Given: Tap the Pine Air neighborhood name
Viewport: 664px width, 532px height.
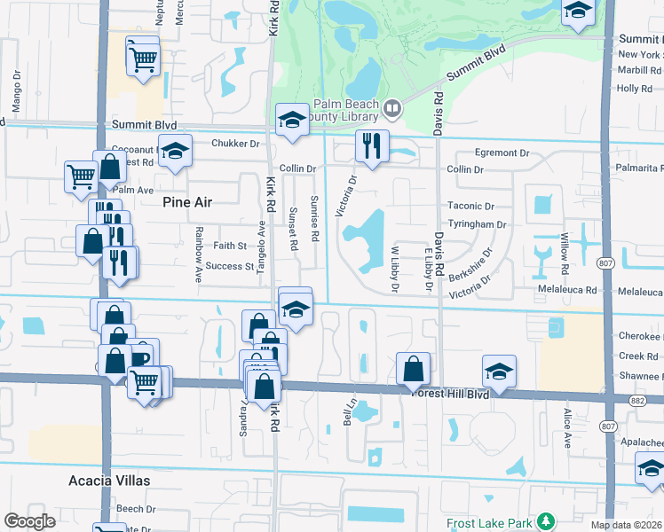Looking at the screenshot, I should pyautogui.click(x=188, y=202).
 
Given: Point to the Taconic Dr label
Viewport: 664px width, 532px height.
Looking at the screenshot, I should pyautogui.click(x=470, y=206).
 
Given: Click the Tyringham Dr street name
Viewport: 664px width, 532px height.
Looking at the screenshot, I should pyautogui.click(x=477, y=224).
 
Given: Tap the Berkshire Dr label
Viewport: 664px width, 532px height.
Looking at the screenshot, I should pyautogui.click(x=470, y=263).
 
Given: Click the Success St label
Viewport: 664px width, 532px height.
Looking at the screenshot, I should pyautogui.click(x=230, y=266).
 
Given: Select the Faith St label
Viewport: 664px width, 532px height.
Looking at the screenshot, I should pyautogui.click(x=229, y=246).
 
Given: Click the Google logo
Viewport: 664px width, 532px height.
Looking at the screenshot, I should pyautogui.click(x=30, y=520).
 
